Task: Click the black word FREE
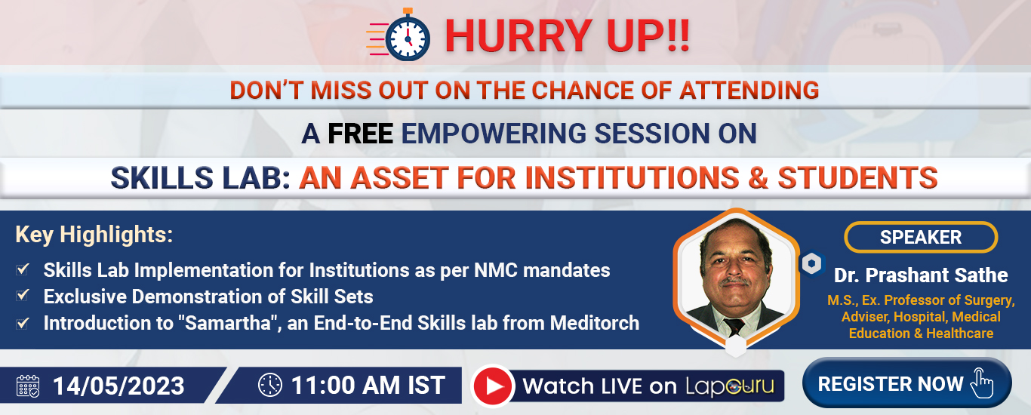click(360, 134)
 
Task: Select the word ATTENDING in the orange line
click(749, 90)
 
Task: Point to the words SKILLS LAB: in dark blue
click(201, 177)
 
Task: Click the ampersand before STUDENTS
click(758, 177)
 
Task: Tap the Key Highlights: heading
click(94, 235)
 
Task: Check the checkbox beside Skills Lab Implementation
click(23, 269)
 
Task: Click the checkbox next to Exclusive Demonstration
click(23, 295)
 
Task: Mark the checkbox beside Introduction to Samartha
click(23, 324)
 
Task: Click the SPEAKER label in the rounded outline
click(921, 238)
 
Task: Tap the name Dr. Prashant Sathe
click(921, 275)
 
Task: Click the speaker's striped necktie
click(734, 326)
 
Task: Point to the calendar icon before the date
click(28, 386)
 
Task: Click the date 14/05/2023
click(118, 386)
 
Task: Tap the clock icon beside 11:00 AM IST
click(269, 385)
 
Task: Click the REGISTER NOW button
click(906, 383)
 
